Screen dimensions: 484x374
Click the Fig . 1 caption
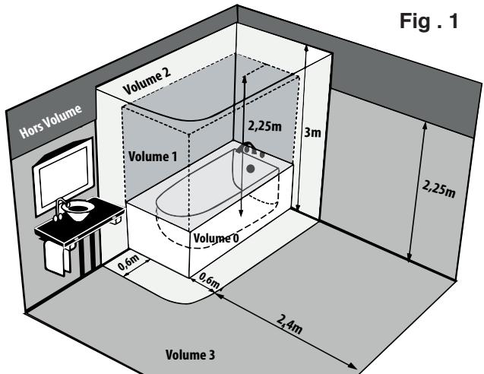tap(429, 21)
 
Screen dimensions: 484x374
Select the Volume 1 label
tap(153, 157)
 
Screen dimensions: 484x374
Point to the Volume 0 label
tap(216, 238)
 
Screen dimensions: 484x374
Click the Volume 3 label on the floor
tap(190, 354)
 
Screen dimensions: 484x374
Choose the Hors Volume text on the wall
tap(50, 121)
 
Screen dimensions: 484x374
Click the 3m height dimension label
tap(312, 132)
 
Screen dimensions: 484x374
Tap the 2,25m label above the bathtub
tap(265, 126)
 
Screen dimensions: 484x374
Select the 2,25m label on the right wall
tap(438, 189)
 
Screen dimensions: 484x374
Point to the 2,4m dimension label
tap(289, 324)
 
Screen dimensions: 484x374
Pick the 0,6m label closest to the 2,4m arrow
tap(210, 280)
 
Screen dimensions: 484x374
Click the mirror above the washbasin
tap(64, 176)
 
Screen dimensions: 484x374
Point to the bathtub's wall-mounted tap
tap(250, 149)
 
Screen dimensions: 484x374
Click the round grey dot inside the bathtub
tap(251, 169)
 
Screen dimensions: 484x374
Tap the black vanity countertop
tap(80, 220)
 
